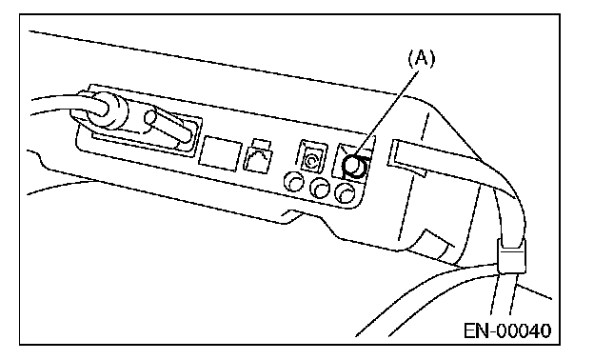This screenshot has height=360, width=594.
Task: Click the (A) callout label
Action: (x=422, y=59)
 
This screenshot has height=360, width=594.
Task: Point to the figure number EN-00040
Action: (x=507, y=330)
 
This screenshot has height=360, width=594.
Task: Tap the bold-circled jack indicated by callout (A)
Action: (x=354, y=167)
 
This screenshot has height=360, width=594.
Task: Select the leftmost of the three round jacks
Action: (x=293, y=181)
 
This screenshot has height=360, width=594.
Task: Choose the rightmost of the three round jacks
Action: (x=346, y=193)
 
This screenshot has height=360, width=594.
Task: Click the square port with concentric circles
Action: (x=312, y=155)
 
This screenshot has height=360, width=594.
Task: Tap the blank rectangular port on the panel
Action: (x=220, y=153)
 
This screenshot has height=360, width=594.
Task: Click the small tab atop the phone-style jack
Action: (x=262, y=145)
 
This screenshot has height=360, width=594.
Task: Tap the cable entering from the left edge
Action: (x=57, y=104)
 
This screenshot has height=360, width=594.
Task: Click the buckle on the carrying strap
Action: (x=511, y=256)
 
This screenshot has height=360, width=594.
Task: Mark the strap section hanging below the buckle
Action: (x=504, y=293)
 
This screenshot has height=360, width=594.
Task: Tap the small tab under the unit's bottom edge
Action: (x=291, y=215)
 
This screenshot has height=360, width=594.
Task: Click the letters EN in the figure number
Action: (x=476, y=330)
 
